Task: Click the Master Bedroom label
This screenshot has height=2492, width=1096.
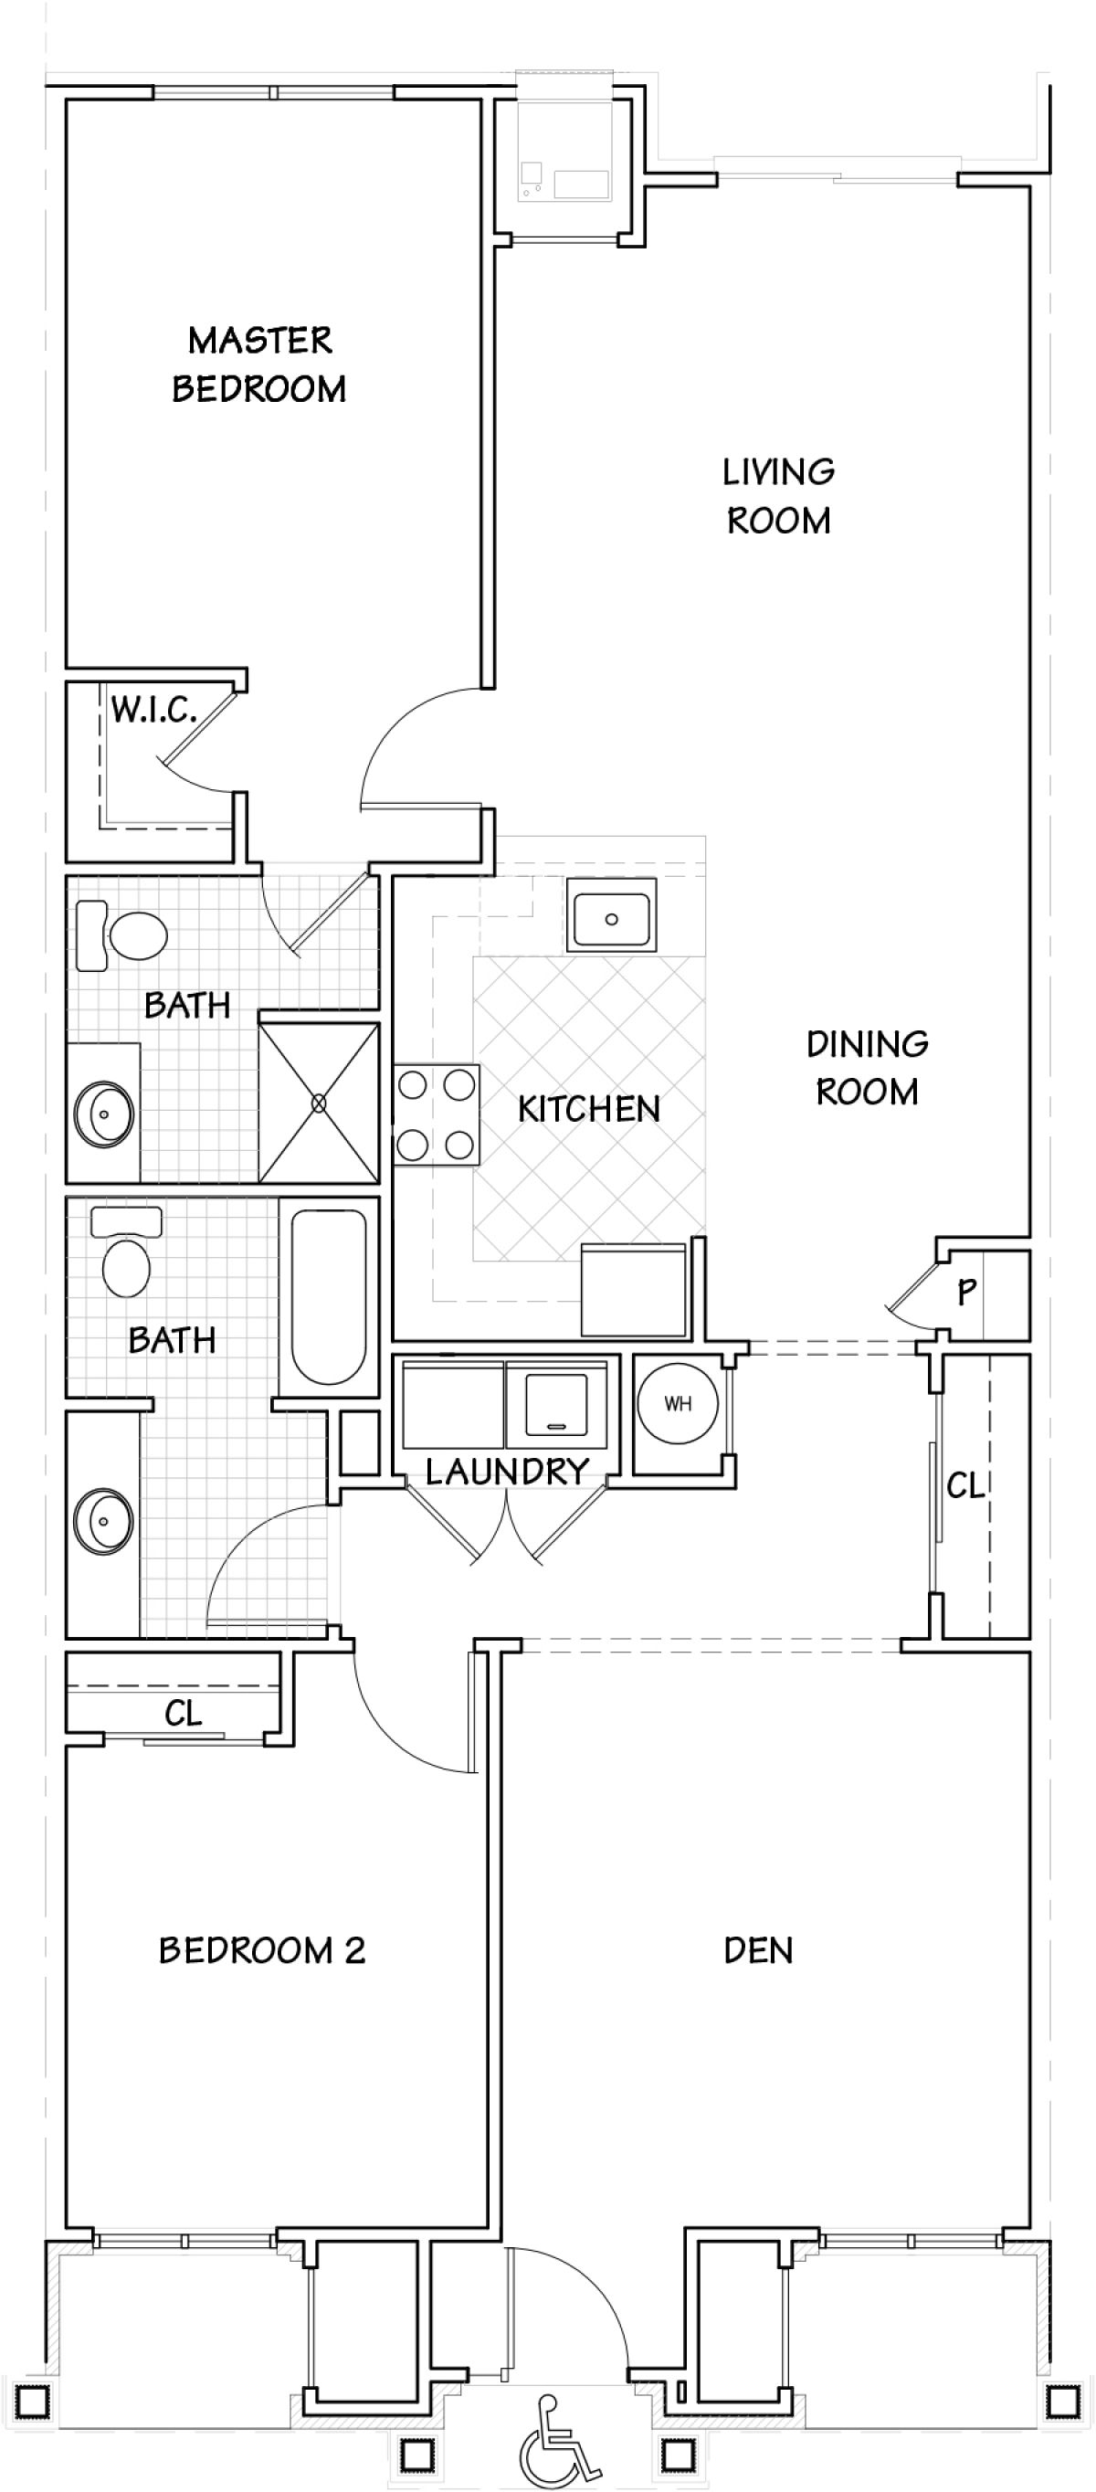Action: (x=259, y=364)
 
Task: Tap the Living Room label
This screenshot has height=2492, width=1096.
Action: (x=779, y=496)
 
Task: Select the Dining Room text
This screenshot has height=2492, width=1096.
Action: (x=867, y=1068)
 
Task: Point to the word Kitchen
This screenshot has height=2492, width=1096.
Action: (x=588, y=1109)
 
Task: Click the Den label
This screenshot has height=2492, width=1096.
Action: (x=758, y=1950)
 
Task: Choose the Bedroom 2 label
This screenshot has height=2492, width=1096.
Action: (x=262, y=1950)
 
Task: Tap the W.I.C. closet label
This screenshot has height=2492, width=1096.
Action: (x=153, y=710)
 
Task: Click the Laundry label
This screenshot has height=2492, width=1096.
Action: (x=507, y=1472)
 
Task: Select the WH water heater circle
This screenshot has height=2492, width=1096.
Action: (x=678, y=1404)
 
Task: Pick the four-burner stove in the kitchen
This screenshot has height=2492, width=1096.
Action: (x=437, y=1115)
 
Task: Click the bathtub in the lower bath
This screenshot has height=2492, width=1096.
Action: (x=329, y=1297)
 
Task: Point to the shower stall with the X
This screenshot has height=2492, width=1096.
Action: (x=320, y=1103)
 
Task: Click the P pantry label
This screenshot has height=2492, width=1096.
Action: (x=965, y=1292)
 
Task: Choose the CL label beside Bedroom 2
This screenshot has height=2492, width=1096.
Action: (x=183, y=1715)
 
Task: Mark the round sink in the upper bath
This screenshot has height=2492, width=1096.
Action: (x=103, y=1114)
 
